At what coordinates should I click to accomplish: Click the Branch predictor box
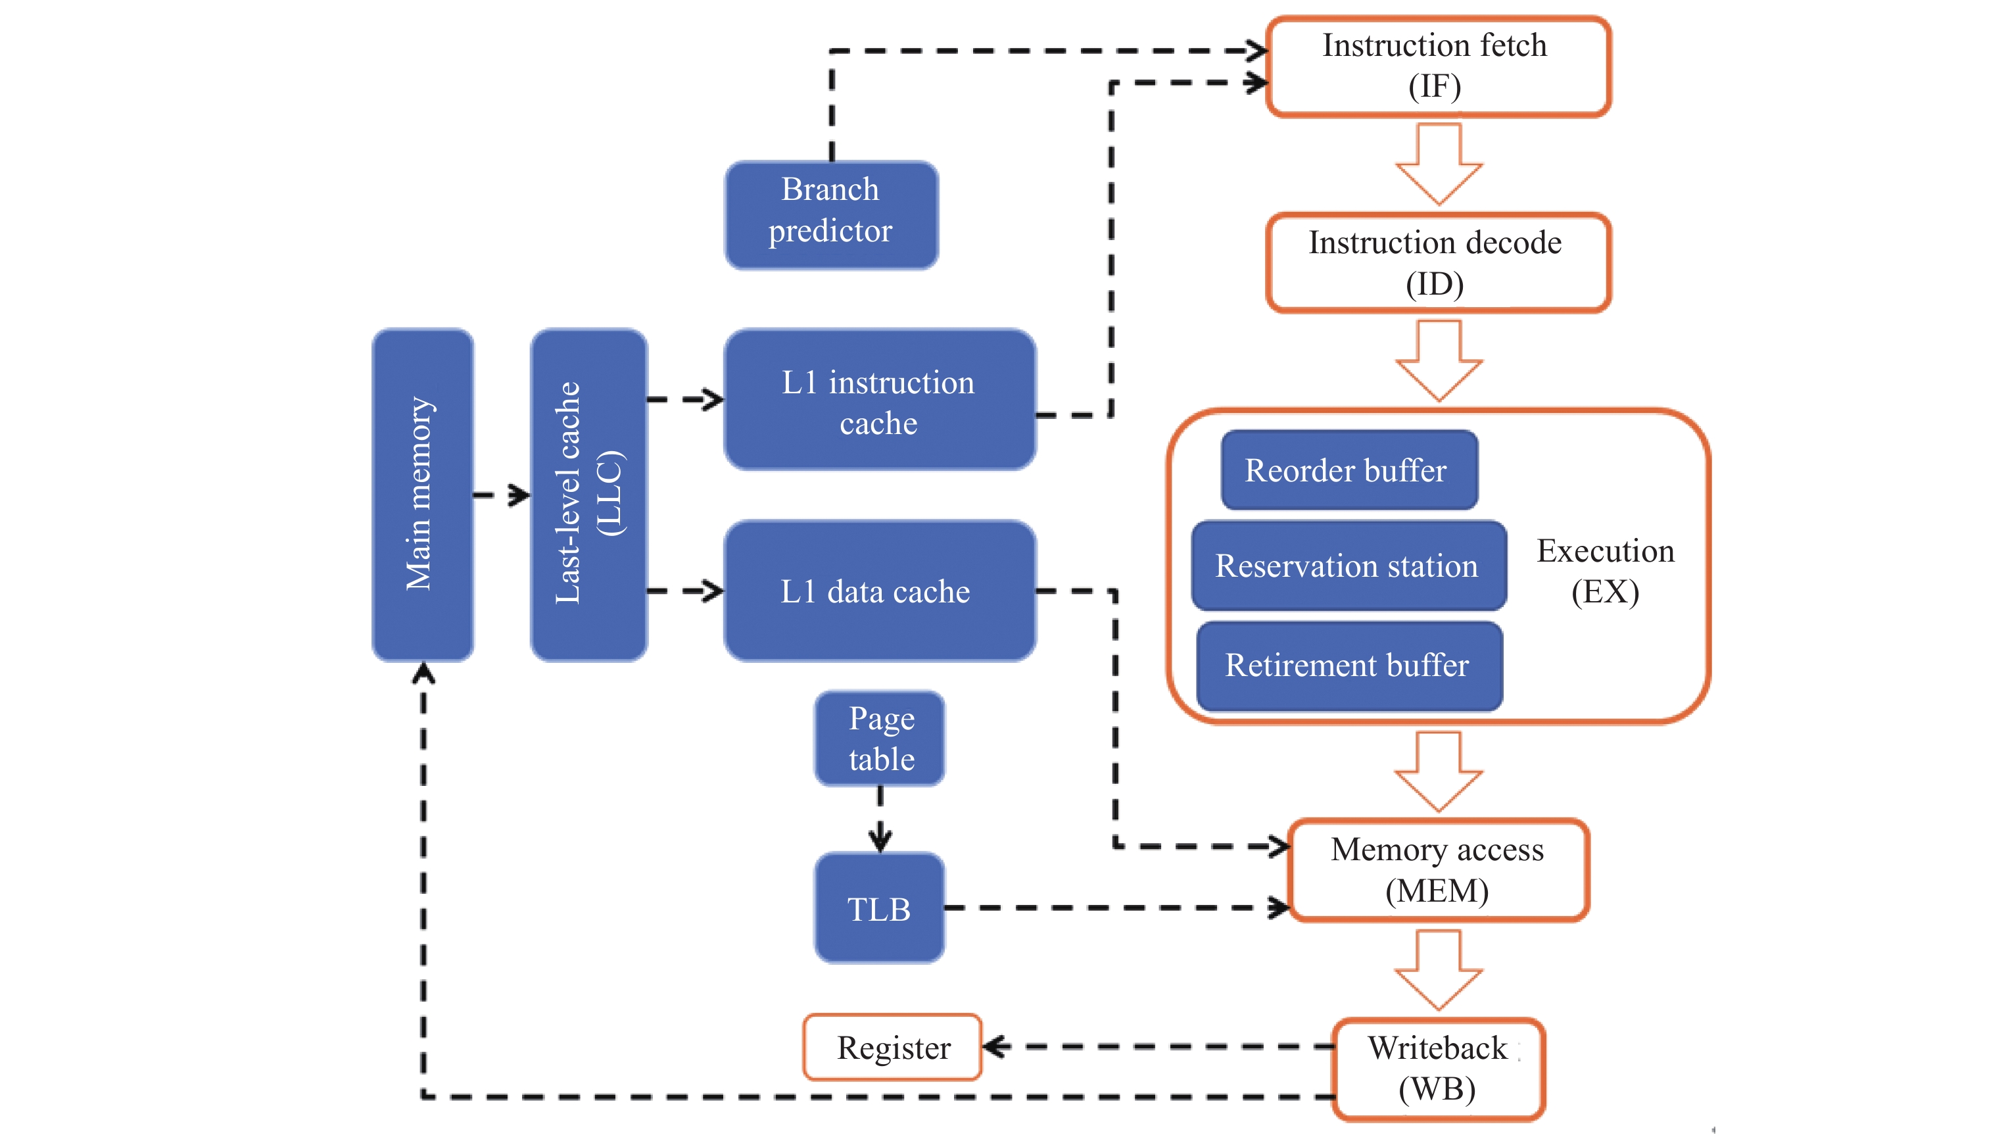pyautogui.click(x=831, y=214)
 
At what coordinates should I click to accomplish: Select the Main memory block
pyautogui.click(x=422, y=495)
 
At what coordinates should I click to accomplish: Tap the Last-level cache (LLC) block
pyautogui.click(x=588, y=495)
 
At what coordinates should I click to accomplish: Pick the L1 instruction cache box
pyautogui.click(x=879, y=400)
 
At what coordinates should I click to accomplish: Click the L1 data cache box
pyautogui.click(x=879, y=591)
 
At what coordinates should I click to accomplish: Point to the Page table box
pyautogui.click(x=880, y=738)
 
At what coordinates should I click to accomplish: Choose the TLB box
pyautogui.click(x=879, y=908)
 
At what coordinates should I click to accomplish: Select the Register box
pyautogui.click(x=892, y=1047)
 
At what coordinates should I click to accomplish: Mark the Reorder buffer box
pyautogui.click(x=1349, y=470)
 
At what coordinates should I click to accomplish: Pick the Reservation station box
pyautogui.click(x=1349, y=565)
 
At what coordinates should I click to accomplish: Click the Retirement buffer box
pyautogui.click(x=1349, y=666)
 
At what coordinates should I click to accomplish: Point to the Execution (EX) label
pyautogui.click(x=1605, y=571)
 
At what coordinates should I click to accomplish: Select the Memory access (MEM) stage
pyautogui.click(x=1438, y=870)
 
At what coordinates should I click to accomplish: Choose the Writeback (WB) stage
pyautogui.click(x=1438, y=1069)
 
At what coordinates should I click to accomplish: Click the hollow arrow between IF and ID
pyautogui.click(x=1438, y=165)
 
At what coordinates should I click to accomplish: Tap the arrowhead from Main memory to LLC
pyautogui.click(x=519, y=495)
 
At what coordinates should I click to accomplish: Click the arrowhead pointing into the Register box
pyautogui.click(x=994, y=1046)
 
